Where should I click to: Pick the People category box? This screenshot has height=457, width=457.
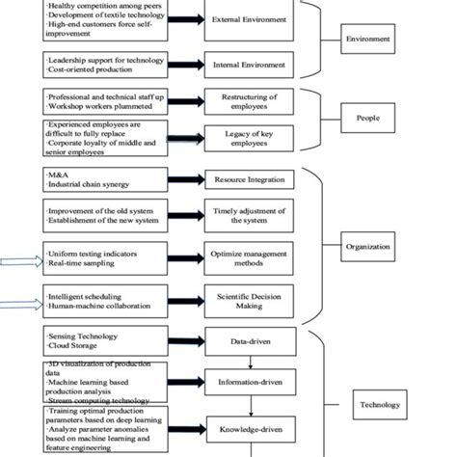[370, 118]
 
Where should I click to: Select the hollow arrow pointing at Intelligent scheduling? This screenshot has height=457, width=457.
[20, 306]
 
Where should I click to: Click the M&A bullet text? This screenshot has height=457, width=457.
[58, 174]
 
